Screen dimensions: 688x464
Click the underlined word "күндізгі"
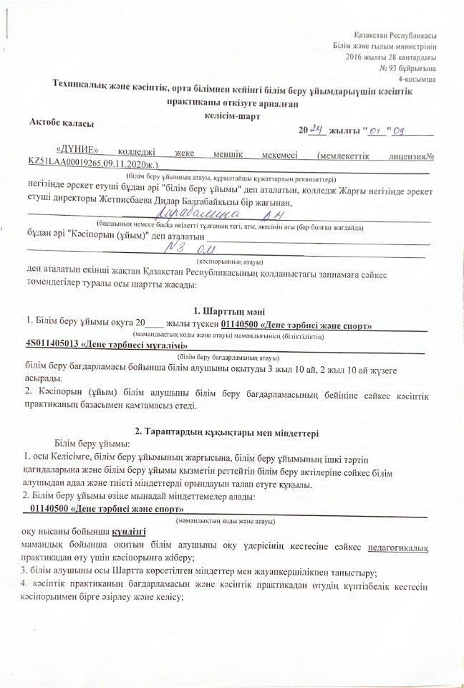pyautogui.click(x=129, y=532)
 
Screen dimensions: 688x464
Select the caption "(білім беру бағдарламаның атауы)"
pyautogui.click(x=228, y=356)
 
